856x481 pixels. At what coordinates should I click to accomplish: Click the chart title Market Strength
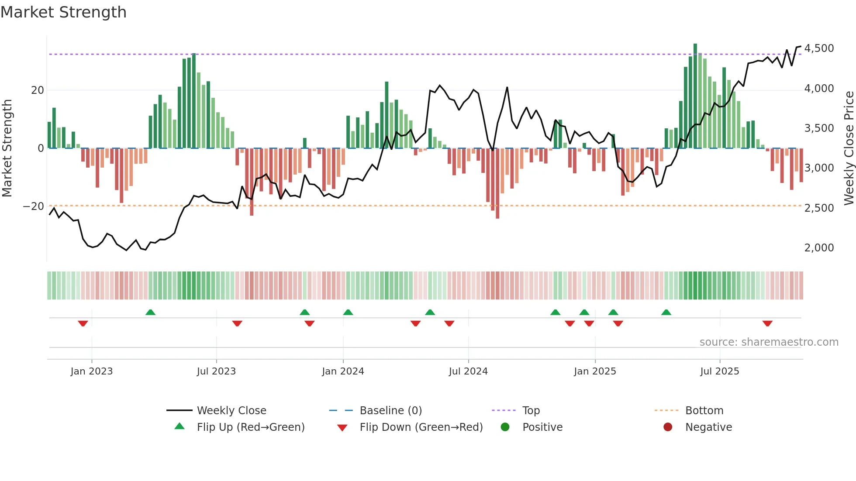(x=63, y=12)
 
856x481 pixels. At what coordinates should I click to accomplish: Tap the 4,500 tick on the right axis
(x=819, y=48)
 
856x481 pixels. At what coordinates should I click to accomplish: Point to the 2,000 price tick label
(x=819, y=247)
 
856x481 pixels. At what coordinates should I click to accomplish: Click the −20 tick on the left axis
(x=33, y=206)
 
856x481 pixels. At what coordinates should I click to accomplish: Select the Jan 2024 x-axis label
(x=343, y=371)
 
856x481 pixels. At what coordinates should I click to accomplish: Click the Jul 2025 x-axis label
(x=719, y=371)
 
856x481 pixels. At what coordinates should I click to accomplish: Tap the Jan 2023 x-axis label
(x=92, y=371)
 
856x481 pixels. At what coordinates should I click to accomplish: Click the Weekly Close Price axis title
(x=849, y=148)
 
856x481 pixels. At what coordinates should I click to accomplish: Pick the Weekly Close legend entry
(x=231, y=410)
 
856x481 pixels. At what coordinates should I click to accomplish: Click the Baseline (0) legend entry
(x=390, y=410)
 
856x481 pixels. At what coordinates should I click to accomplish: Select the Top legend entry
(x=531, y=410)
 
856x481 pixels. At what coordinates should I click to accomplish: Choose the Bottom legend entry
(x=704, y=410)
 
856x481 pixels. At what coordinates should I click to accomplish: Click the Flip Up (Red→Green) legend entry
(x=251, y=427)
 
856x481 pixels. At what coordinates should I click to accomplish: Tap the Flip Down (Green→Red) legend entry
(x=421, y=427)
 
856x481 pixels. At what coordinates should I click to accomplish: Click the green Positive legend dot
(x=505, y=427)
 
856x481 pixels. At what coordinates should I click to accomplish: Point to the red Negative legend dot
(x=668, y=427)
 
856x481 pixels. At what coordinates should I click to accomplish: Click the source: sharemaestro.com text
(x=769, y=342)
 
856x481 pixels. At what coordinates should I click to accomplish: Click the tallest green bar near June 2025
(x=695, y=96)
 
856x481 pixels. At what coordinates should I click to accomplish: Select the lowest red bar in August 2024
(x=497, y=183)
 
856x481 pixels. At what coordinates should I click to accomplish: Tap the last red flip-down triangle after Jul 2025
(x=767, y=323)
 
